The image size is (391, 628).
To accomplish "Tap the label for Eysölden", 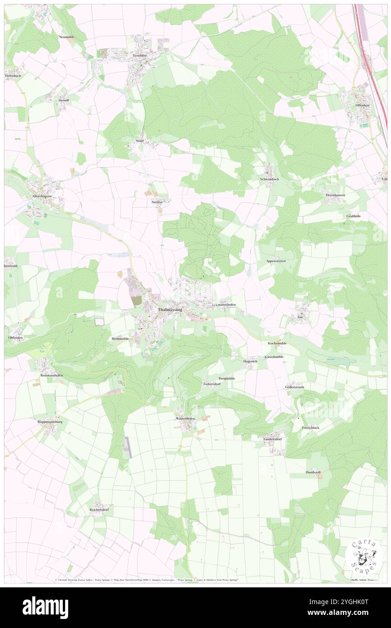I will tap(140, 55).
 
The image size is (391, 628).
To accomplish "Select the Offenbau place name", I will tap(363, 105).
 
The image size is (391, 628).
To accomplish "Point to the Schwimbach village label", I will tap(269, 179).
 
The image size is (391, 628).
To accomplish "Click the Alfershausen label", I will tap(42, 197).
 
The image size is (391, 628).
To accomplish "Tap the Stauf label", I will tap(140, 141).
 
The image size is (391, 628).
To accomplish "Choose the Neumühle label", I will tap(66, 36).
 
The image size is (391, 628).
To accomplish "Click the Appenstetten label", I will tap(275, 261).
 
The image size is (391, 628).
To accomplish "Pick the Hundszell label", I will tap(312, 472).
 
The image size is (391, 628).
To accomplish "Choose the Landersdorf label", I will tap(273, 439).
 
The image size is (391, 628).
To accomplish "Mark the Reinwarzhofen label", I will tap(50, 375).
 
